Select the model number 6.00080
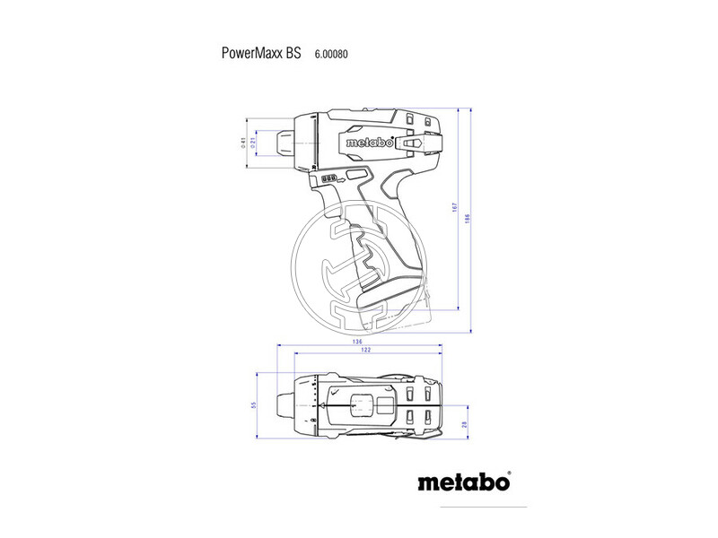pos(331,54)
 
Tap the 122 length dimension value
pos(366,351)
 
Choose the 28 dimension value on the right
pos(465,425)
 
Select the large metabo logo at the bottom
pos(464,482)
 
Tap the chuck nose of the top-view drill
pos(285,406)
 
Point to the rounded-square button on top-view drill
pos(363,406)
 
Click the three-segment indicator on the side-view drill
pos(329,178)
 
